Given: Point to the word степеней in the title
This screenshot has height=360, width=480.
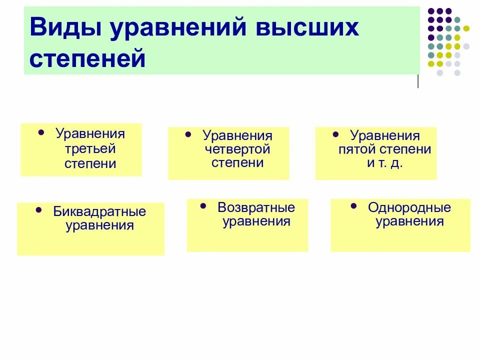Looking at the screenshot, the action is tap(88, 58).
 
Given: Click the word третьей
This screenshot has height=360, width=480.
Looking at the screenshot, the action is tap(90, 148).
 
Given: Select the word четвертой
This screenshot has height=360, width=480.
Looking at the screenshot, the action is tap(237, 149).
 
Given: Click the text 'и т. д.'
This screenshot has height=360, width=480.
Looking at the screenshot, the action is tap(385, 162).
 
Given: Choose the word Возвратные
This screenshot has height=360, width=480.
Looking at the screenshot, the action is tap(256, 207).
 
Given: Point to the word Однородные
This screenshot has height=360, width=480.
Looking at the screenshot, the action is tap(409, 207).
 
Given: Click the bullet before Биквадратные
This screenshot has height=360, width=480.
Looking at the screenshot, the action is tap(39, 210).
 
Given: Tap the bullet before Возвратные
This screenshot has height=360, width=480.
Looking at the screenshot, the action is tap(202, 206).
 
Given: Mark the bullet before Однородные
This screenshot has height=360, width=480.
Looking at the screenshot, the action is tap(354, 206).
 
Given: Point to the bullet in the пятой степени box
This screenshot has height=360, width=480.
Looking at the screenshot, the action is tap(335, 135).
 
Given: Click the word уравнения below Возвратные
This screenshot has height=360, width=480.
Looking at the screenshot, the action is tap(256, 221).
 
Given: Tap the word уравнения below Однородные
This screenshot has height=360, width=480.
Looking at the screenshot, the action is tap(409, 221).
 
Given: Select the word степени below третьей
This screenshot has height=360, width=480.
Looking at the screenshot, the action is tap(90, 163).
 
